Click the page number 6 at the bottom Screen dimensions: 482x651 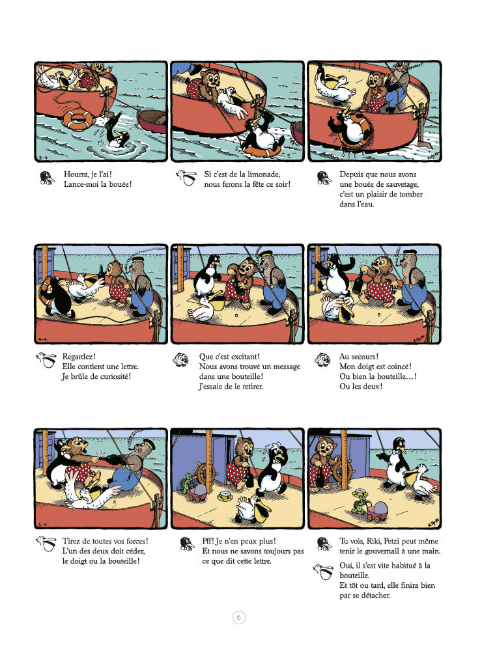tap(238, 617)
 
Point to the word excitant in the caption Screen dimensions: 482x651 tap(243, 357)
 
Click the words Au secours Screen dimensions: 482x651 tap(359, 357)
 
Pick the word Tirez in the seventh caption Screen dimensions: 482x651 tap(71, 541)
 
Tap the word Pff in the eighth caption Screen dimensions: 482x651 tap(208, 541)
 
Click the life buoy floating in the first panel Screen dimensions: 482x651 tap(79, 120)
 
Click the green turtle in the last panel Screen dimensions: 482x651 tap(360, 503)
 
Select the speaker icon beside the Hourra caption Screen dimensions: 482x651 tap(47, 178)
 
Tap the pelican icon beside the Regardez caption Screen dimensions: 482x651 tap(46, 360)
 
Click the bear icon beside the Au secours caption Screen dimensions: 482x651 tap(322, 359)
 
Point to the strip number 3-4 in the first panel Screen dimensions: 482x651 tap(42, 158)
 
